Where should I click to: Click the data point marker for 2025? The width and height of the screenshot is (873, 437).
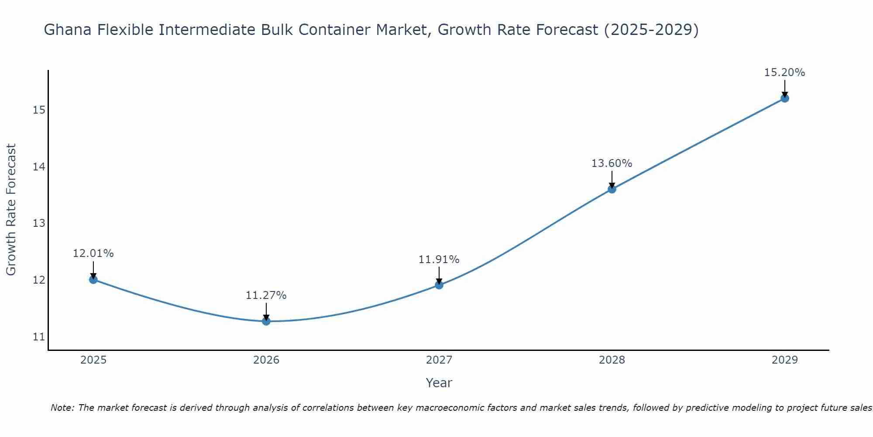pos(93,280)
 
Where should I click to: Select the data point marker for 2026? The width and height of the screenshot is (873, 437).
pos(266,321)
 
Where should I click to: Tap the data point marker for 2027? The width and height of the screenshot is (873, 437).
pos(439,285)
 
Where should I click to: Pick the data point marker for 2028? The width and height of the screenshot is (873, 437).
pos(612,189)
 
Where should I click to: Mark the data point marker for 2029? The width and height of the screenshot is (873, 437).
pos(785,98)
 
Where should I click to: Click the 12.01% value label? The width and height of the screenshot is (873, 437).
pos(93,253)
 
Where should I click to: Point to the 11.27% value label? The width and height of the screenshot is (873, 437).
pos(266,295)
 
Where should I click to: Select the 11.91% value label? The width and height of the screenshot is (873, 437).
pos(439,260)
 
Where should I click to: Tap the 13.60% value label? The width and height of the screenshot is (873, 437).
pos(612,163)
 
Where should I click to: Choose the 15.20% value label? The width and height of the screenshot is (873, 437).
pos(784,73)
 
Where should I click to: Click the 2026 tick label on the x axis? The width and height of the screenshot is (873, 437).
pos(266,360)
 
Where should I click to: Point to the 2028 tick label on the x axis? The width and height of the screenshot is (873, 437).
pos(612,360)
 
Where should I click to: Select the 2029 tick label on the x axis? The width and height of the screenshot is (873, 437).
pos(785,360)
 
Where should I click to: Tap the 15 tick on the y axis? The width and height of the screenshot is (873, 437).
pos(39,110)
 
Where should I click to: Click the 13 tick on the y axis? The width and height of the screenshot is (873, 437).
pos(39,223)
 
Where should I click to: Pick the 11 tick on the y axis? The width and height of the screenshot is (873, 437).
pos(39,337)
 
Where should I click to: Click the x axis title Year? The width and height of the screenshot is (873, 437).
pos(439,383)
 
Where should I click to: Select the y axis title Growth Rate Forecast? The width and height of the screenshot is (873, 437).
pos(11,209)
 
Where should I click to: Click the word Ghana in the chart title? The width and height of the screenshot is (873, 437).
pos(69,30)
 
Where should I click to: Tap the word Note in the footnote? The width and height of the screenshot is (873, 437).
pos(62,408)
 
